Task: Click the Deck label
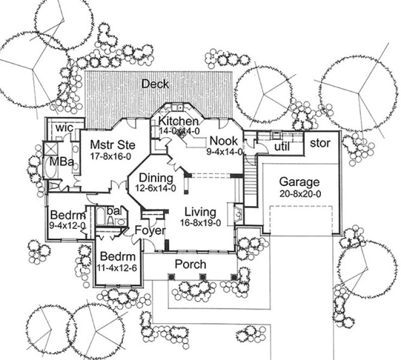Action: coord(156,84)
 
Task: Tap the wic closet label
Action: coord(64,128)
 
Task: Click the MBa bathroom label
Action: coord(59,162)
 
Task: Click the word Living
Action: coord(199,211)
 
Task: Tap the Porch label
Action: coord(191,265)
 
